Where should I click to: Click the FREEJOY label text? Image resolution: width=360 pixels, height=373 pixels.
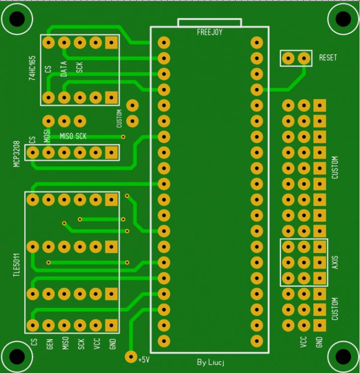209,32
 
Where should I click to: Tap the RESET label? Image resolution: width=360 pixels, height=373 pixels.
328,58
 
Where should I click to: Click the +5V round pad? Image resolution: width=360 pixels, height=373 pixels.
131,357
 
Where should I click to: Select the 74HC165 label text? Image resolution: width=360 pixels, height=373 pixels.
32,69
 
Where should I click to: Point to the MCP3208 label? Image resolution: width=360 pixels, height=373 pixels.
17,153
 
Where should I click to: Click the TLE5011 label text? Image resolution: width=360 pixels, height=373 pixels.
17,264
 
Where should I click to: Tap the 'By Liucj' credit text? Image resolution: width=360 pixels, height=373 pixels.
210,362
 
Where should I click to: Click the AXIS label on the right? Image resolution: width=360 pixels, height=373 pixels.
335,262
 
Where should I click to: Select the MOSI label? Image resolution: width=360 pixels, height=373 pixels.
47,135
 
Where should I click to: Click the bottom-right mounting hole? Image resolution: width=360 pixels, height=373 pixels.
343,356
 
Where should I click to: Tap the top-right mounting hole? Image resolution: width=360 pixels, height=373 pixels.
343,19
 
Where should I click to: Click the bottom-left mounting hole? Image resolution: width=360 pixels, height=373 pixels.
16,356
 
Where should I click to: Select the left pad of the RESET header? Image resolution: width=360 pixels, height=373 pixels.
288,58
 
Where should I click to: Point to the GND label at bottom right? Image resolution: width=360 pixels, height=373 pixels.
319,342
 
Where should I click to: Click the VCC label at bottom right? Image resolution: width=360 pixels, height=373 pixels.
303,342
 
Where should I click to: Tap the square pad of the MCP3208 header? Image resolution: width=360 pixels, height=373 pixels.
112,153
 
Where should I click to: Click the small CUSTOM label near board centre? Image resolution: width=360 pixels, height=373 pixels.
119,119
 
